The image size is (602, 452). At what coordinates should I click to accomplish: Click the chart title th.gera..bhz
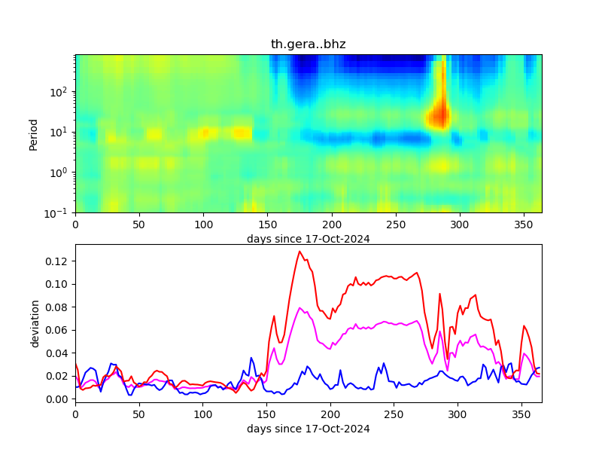[x=308, y=44]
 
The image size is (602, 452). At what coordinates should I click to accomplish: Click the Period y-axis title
[x=33, y=133]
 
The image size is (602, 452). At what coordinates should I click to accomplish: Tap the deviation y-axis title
[x=35, y=323]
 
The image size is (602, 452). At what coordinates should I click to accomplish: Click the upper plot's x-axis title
[x=308, y=239]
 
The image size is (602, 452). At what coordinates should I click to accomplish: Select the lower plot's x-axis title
[x=308, y=429]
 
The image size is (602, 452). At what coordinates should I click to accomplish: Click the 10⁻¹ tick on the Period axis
[x=62, y=212]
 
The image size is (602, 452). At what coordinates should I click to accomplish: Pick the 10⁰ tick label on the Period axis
[x=62, y=173]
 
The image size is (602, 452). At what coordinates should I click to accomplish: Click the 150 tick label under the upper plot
[x=267, y=224]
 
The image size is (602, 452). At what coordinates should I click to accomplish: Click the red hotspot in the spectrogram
[x=438, y=116]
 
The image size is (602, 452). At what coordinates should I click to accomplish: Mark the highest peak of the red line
[x=299, y=252]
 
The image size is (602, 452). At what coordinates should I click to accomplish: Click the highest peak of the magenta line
[x=300, y=307]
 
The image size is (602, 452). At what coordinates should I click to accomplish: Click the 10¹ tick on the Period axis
[x=62, y=132]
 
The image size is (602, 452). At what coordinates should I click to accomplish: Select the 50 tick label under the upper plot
[x=139, y=224]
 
